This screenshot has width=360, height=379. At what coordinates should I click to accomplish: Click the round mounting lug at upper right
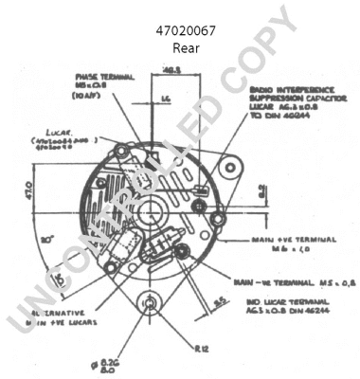[226, 168]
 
